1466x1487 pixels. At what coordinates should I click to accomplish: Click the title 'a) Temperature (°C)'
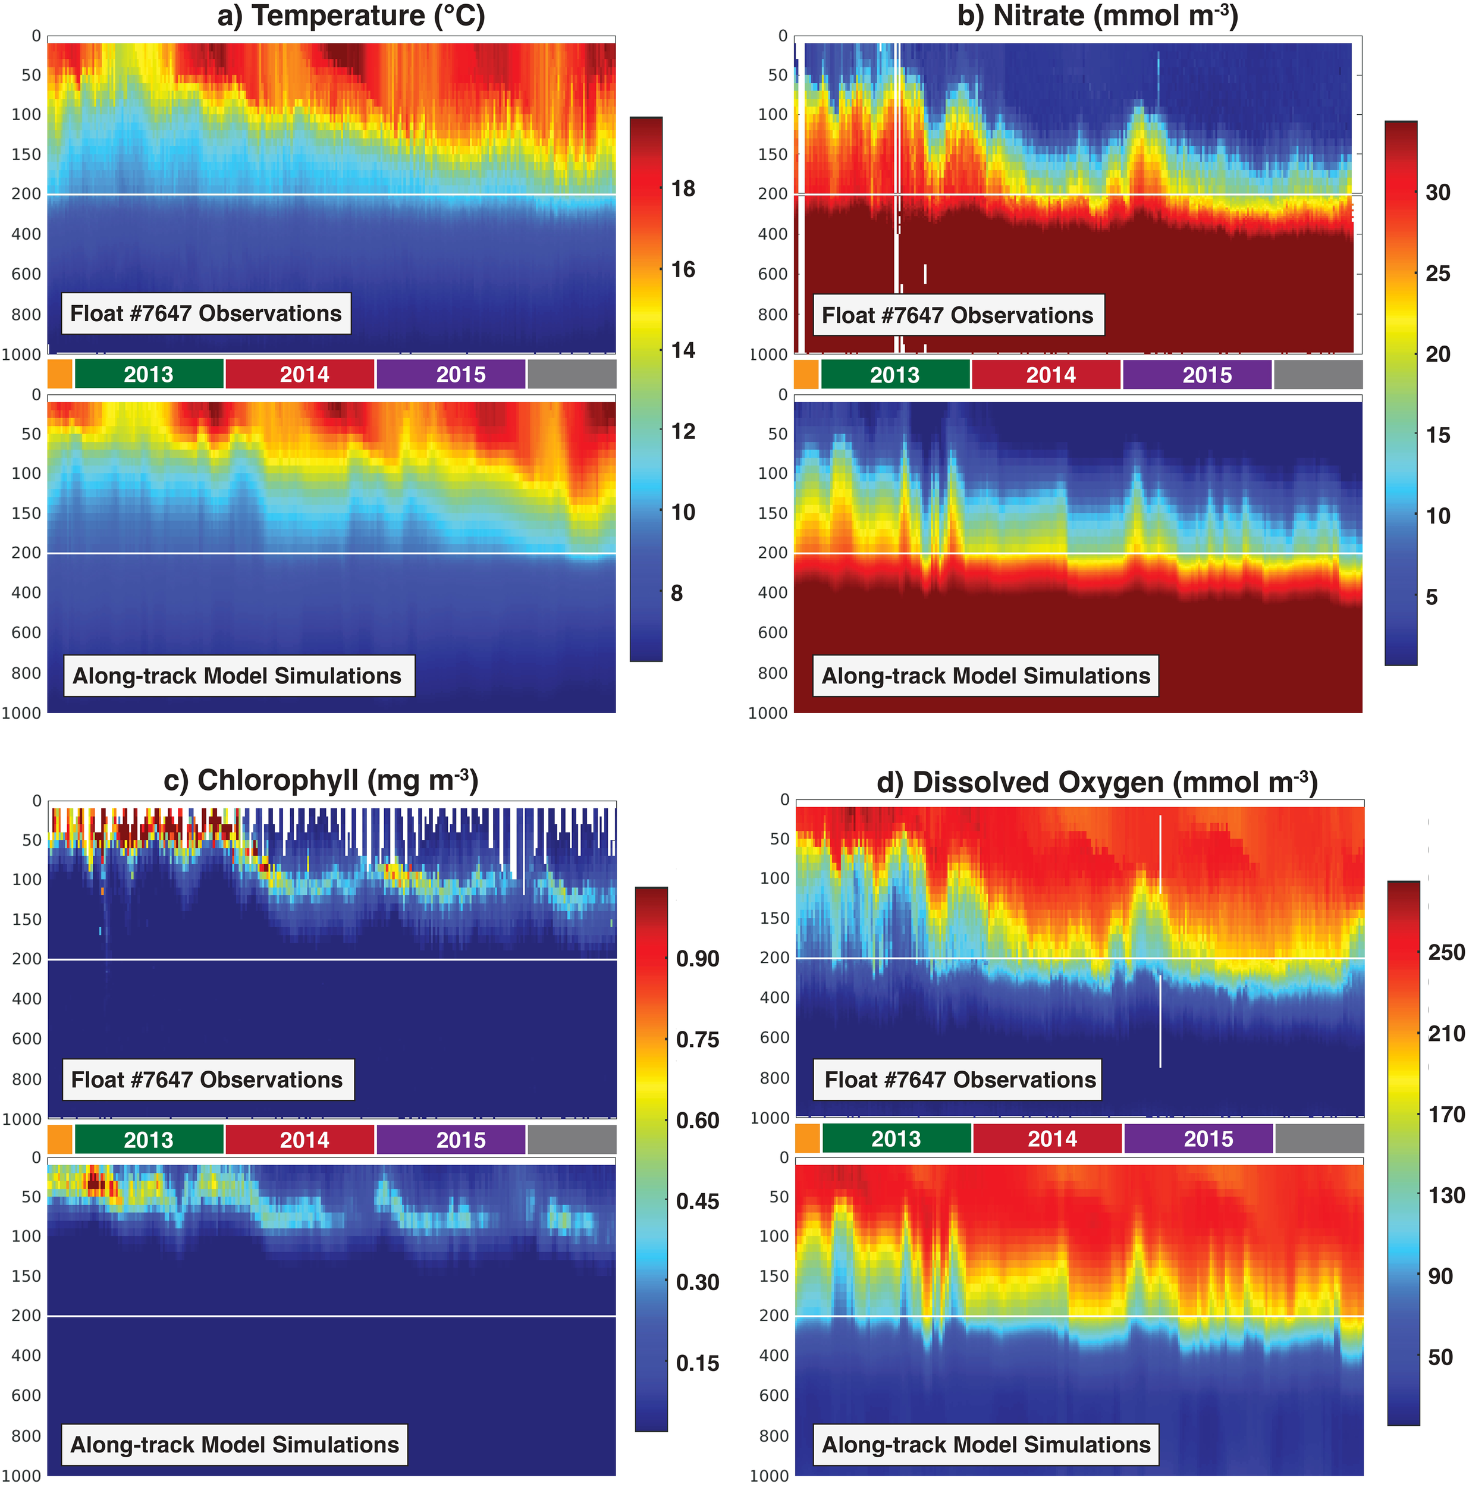point(351,16)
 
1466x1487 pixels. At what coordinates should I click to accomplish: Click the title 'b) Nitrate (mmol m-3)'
point(1097,16)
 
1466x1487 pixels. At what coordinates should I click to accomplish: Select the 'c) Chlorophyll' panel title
point(321,780)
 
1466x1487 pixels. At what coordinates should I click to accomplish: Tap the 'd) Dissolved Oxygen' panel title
point(1097,783)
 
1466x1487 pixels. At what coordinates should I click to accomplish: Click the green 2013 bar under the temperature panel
point(149,375)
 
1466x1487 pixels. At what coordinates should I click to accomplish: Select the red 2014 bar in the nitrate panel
point(1051,375)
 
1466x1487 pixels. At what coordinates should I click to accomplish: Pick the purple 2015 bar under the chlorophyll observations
point(461,1140)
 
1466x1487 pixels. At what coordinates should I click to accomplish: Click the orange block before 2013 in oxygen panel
point(807,1138)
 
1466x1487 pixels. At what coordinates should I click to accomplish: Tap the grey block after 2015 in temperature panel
point(572,375)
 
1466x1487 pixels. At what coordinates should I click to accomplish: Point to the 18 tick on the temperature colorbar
point(683,189)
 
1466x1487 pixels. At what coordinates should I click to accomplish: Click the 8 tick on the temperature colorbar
point(676,594)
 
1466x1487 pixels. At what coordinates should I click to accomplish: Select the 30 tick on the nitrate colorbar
point(1437,192)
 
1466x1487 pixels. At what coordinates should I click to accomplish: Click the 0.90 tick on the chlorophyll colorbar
point(697,959)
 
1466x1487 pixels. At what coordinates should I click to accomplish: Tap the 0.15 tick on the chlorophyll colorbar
point(697,1363)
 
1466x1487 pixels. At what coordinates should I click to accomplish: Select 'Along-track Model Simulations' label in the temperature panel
point(237,676)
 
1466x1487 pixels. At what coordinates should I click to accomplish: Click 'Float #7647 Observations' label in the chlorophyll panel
point(207,1080)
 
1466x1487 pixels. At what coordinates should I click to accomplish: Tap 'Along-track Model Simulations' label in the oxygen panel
point(986,1445)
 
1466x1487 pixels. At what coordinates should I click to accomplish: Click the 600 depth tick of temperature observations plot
point(26,274)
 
